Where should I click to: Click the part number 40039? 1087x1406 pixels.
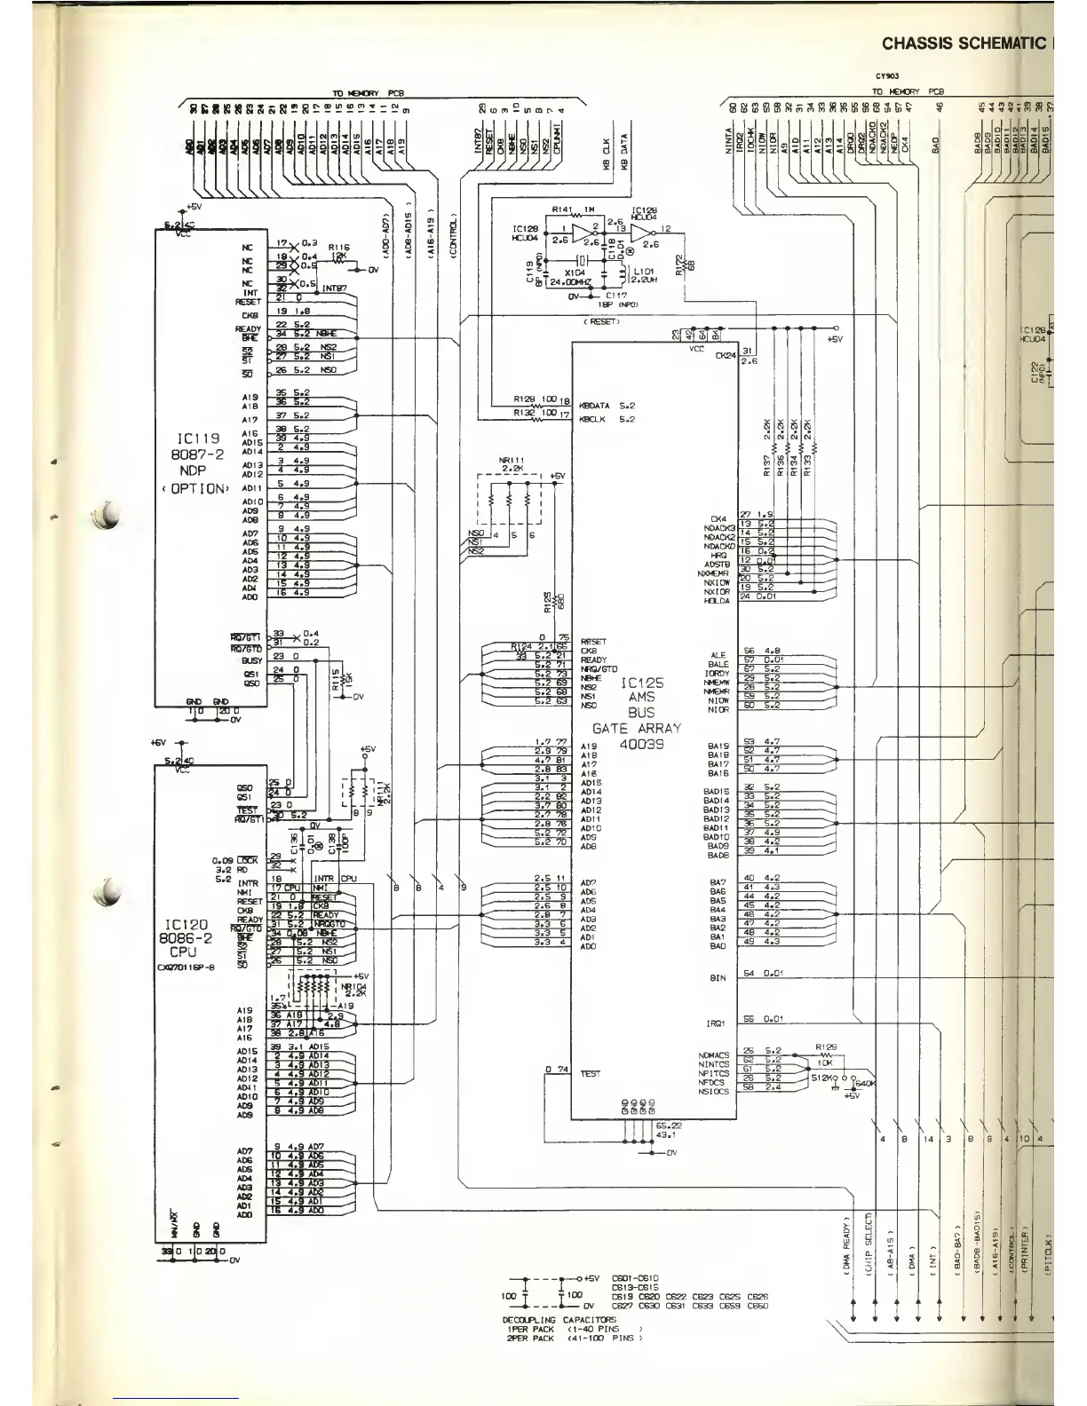coord(642,744)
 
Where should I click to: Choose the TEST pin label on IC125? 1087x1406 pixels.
coord(590,1073)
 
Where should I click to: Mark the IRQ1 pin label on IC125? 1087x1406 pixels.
coord(718,1023)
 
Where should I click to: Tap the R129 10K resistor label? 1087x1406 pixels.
coord(826,1053)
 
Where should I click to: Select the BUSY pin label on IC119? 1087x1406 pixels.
coord(251,660)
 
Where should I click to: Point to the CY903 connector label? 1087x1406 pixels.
coord(887,76)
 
